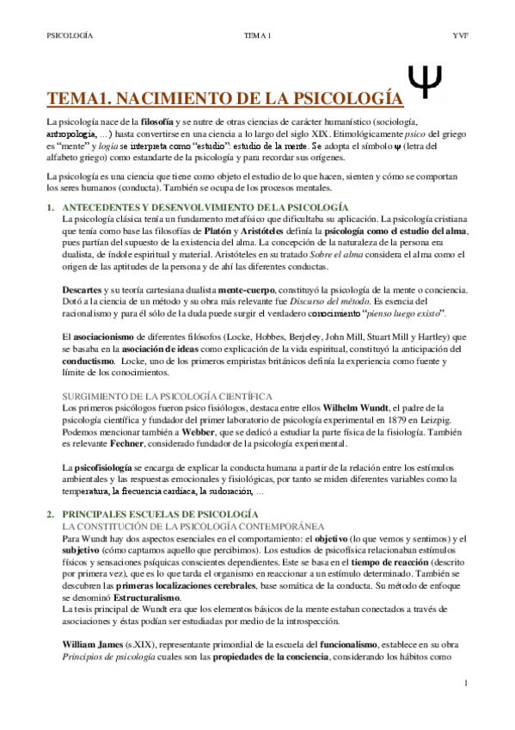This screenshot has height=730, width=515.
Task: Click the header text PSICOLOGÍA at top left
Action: [70, 35]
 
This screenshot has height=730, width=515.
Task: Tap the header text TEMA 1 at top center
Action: [258, 35]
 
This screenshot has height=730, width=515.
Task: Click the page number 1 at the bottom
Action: [465, 684]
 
